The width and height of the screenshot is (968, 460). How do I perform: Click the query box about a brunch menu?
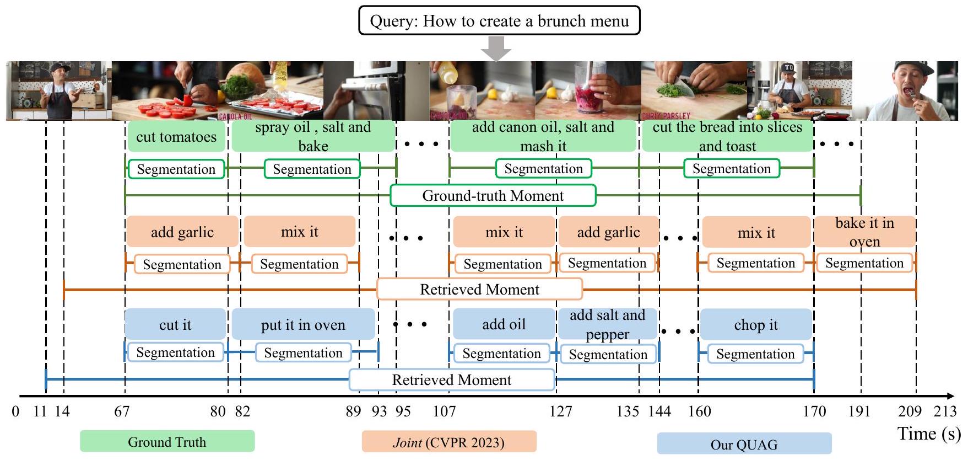click(x=499, y=21)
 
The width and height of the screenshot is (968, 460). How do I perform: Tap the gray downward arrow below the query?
click(x=496, y=49)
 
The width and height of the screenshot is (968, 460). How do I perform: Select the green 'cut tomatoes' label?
click(x=176, y=137)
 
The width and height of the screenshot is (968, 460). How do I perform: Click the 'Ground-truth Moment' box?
click(x=493, y=196)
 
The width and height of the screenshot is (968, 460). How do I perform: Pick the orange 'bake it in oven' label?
click(x=864, y=232)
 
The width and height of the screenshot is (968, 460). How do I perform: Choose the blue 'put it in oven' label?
click(x=303, y=325)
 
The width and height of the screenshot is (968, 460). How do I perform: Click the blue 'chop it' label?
click(x=756, y=325)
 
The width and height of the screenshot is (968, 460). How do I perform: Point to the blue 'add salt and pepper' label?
click(x=607, y=324)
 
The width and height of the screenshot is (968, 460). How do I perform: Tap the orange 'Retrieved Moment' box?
click(x=479, y=290)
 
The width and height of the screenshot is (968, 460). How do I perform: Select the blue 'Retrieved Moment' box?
click(x=452, y=380)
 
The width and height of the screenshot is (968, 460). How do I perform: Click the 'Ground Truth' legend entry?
click(x=167, y=442)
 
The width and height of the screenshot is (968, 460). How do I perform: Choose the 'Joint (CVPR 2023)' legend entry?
click(x=448, y=442)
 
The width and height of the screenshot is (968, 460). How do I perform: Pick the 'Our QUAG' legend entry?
click(x=744, y=444)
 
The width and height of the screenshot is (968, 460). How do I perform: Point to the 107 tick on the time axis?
click(x=445, y=411)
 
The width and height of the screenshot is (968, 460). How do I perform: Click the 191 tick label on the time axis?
click(x=859, y=411)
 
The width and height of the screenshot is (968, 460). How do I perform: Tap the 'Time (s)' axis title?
click(x=929, y=434)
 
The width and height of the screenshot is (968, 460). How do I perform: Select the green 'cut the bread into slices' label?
click(x=727, y=136)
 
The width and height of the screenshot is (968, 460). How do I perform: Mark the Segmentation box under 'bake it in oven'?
click(x=864, y=263)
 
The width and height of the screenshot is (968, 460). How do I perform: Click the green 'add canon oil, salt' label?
click(x=543, y=136)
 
